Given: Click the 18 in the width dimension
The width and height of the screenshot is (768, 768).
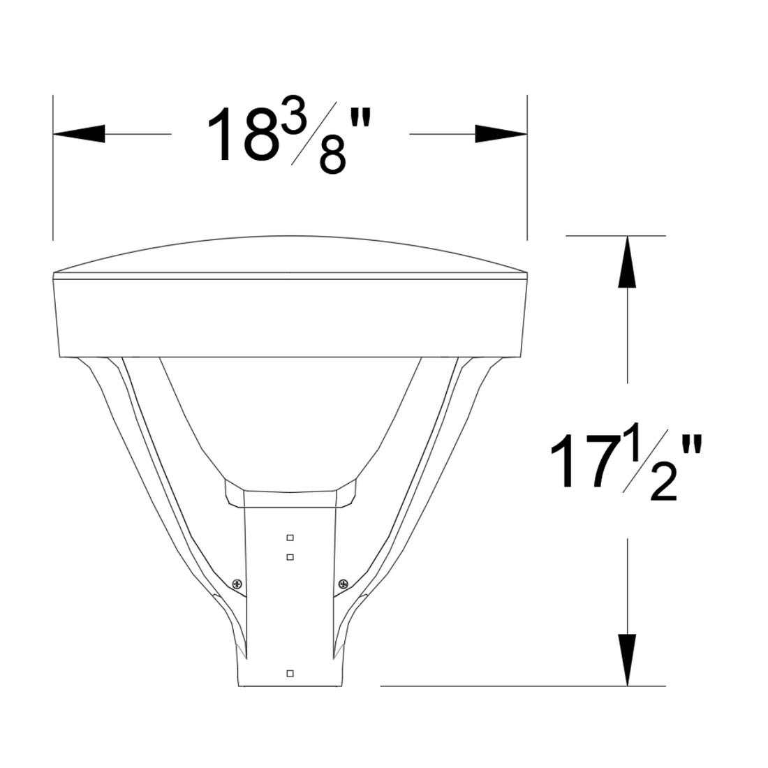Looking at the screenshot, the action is (x=244, y=134).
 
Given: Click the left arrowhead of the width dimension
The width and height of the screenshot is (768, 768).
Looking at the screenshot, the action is (x=79, y=134).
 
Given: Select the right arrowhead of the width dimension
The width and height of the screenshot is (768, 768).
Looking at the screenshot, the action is (x=501, y=134).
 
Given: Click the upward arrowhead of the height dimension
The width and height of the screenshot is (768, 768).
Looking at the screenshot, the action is (x=627, y=262).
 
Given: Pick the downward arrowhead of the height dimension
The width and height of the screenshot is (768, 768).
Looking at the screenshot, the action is (x=627, y=660).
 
